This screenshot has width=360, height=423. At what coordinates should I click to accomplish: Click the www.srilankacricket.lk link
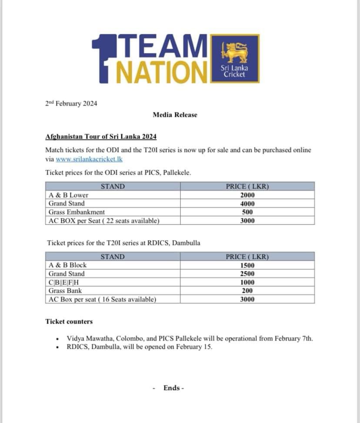click(89, 159)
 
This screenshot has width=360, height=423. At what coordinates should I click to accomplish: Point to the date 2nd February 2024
click(71, 103)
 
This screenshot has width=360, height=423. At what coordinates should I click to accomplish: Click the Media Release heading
click(175, 115)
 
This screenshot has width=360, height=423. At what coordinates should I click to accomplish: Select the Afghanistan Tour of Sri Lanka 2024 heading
click(101, 136)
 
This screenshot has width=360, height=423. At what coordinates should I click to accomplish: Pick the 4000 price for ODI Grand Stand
click(247, 204)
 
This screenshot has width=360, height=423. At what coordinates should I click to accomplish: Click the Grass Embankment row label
click(77, 212)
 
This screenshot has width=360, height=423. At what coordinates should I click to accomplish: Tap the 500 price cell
click(247, 212)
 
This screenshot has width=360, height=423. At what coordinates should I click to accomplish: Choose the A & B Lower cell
click(68, 195)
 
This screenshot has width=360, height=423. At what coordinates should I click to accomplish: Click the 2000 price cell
click(247, 195)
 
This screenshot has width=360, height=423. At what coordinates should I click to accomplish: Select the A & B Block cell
click(67, 265)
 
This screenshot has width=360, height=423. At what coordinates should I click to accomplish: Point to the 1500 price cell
click(247, 265)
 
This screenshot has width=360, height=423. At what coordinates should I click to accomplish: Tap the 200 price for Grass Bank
click(247, 291)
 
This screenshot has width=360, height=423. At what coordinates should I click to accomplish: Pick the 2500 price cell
click(247, 274)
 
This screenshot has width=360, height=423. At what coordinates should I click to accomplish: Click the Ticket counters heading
click(69, 321)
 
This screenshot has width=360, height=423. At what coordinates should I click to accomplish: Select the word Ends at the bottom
click(172, 388)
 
